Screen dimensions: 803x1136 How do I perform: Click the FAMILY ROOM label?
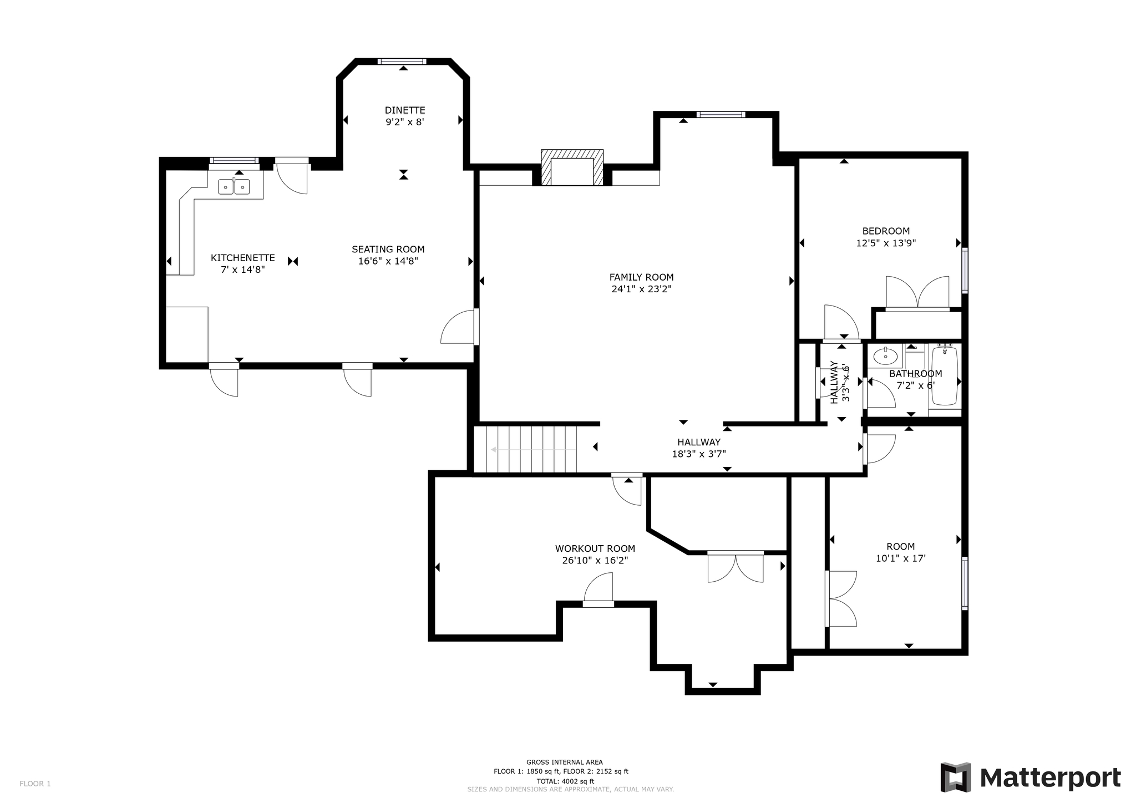click(641, 277)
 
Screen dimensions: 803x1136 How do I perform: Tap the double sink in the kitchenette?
click(234, 187)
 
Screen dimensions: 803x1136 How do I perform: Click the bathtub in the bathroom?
click(945, 375)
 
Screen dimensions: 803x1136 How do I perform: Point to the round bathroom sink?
click(885, 356)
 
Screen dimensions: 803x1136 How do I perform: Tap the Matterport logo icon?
click(955, 777)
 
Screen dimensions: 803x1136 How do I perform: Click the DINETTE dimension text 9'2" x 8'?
click(405, 122)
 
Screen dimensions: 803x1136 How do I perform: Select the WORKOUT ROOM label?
click(595, 548)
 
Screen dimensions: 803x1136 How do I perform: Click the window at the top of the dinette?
click(402, 61)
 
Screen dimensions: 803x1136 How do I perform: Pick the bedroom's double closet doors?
click(917, 293)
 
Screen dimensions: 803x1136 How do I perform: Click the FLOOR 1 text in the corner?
click(35, 784)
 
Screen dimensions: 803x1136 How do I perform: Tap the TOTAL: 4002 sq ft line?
click(561, 781)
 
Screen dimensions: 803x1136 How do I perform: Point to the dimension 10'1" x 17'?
click(900, 558)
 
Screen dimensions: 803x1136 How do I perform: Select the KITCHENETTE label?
click(242, 258)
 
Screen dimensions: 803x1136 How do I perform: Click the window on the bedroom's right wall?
click(965, 270)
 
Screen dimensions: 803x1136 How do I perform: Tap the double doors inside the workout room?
click(736, 567)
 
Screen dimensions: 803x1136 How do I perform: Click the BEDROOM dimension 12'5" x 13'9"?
click(886, 243)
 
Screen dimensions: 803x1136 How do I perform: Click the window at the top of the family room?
click(720, 115)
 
